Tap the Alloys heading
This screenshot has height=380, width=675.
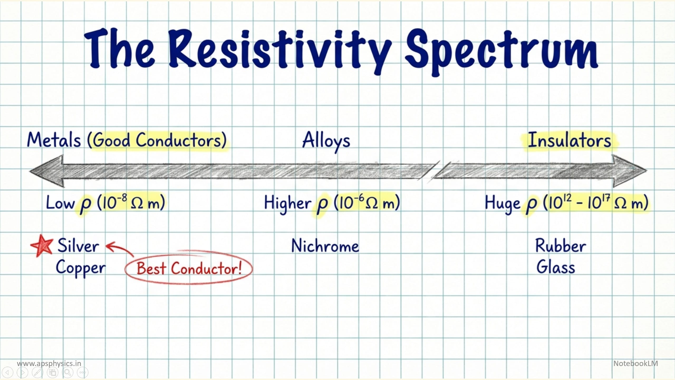click(326, 141)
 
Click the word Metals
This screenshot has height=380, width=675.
click(54, 140)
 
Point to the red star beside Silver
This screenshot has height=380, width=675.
click(42, 245)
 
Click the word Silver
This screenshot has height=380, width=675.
click(78, 246)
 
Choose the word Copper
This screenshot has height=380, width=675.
click(81, 268)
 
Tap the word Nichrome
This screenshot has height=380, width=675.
click(325, 246)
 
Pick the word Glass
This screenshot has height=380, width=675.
click(556, 267)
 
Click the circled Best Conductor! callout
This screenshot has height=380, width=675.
click(189, 268)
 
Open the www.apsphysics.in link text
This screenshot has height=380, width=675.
click(49, 363)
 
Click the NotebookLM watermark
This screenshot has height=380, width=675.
click(636, 363)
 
